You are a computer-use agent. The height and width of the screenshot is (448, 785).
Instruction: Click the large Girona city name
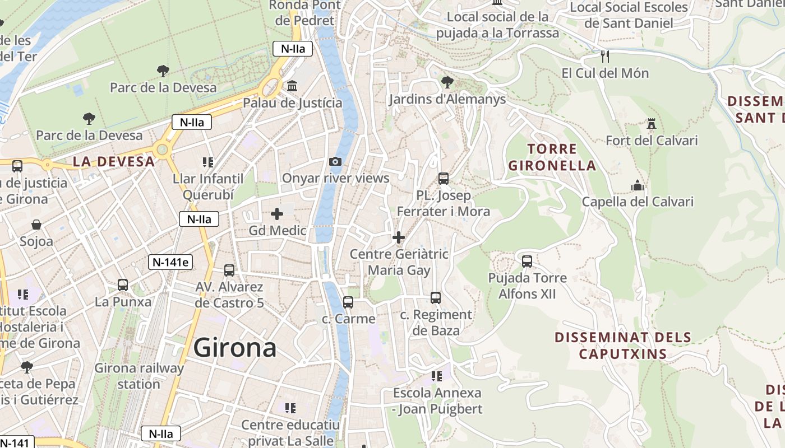tap(234, 348)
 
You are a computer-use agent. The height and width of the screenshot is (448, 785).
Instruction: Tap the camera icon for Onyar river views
tap(335, 162)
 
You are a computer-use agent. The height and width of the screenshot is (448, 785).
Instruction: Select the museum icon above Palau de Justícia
tap(292, 87)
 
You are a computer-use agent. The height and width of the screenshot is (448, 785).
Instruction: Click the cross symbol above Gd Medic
tap(277, 214)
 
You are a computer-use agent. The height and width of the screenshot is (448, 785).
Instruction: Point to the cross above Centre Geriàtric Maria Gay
tap(399, 237)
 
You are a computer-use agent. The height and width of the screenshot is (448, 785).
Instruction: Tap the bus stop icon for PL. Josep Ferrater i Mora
tap(444, 179)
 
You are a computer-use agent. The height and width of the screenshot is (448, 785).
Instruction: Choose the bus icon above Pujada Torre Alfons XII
tap(527, 261)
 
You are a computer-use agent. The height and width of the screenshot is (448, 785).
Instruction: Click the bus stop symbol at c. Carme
tap(348, 302)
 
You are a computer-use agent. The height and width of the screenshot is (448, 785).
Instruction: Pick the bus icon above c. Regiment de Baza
tap(436, 298)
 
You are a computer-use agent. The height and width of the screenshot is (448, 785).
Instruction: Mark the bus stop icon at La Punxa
tap(123, 285)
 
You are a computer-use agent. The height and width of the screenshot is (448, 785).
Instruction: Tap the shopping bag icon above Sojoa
tap(36, 225)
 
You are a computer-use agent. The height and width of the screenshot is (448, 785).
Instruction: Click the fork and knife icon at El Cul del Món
tap(604, 57)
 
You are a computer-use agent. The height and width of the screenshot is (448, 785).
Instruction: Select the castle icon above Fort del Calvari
tap(652, 124)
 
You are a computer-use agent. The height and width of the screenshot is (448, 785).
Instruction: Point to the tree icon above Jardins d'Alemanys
tap(447, 83)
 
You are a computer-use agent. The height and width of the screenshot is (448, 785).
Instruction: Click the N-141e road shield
tap(170, 262)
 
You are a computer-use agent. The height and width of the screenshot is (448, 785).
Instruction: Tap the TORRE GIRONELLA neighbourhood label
tap(552, 157)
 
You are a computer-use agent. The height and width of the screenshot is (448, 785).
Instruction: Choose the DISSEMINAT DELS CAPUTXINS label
tap(622, 346)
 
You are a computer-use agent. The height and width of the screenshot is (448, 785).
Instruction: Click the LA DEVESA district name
tap(113, 162)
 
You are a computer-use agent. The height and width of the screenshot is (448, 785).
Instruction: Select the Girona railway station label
tap(139, 376)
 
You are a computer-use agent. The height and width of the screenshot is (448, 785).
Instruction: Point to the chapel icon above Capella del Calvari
tap(638, 185)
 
